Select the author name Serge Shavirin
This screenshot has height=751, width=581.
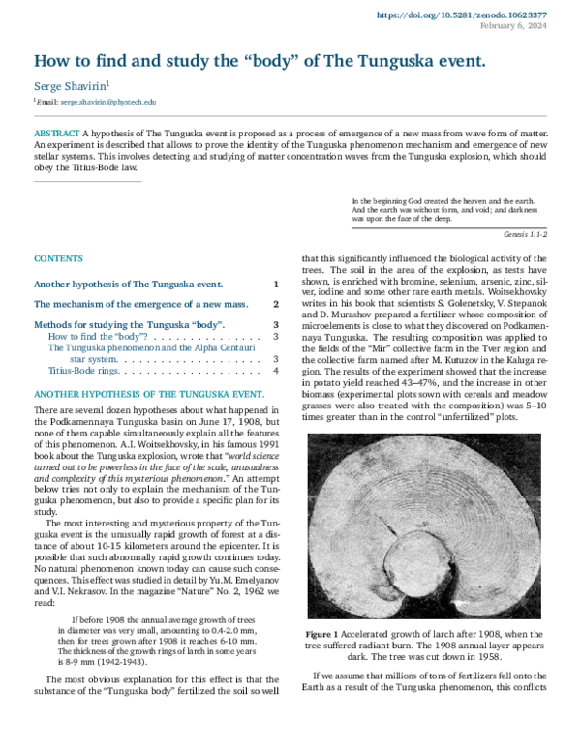tap(73, 86)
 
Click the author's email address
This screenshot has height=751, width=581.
tap(107, 101)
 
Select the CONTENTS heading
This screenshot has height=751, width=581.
tap(58, 259)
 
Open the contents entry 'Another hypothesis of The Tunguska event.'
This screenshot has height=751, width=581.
tap(128, 285)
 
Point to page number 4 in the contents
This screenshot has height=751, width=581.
tap(276, 370)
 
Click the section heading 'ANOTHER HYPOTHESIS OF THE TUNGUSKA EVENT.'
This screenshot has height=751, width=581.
tap(149, 395)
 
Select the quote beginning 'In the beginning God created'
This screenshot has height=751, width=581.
tap(436, 210)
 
